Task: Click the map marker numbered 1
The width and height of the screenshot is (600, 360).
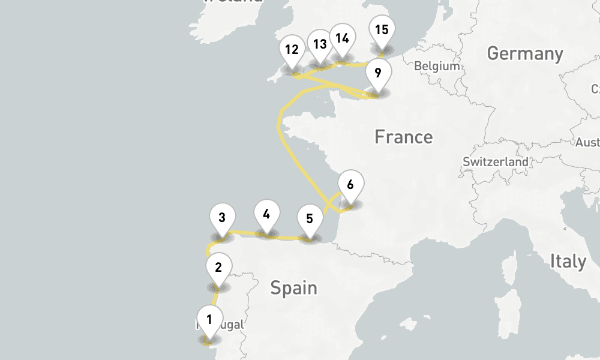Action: (209, 319)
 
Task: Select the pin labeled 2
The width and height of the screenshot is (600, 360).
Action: (218, 267)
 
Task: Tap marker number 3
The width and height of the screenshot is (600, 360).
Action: (222, 217)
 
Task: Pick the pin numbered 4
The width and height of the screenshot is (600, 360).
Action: (266, 214)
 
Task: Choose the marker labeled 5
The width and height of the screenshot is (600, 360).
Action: (310, 218)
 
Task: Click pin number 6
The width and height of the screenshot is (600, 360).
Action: (350, 184)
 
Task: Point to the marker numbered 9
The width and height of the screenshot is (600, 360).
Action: (377, 73)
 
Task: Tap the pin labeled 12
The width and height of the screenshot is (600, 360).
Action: (292, 49)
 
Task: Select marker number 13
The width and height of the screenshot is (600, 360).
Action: (320, 44)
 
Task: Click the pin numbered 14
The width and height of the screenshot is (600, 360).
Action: (342, 38)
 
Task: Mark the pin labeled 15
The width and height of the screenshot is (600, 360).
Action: (381, 29)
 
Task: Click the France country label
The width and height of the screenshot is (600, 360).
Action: (403, 137)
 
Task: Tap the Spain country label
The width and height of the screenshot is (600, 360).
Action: (293, 288)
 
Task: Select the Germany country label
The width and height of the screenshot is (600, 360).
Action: (525, 53)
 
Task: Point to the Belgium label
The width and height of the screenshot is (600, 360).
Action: (436, 66)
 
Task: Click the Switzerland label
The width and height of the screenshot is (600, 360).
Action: (496, 162)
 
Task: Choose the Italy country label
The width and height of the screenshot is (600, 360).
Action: (568, 262)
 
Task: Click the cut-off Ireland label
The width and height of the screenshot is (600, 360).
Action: (233, 2)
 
